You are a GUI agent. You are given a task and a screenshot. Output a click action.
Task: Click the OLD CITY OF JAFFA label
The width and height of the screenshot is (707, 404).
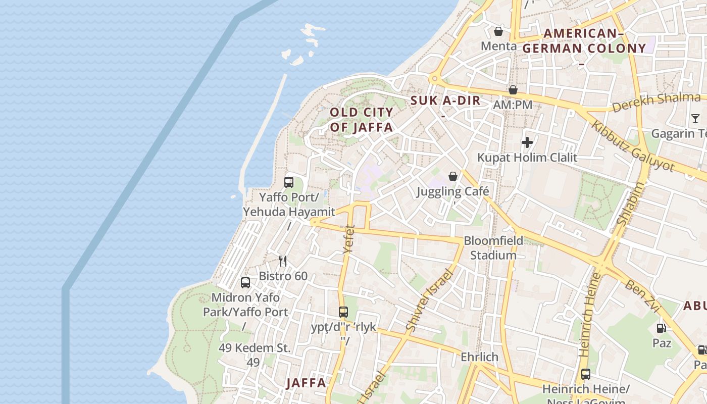[362, 120]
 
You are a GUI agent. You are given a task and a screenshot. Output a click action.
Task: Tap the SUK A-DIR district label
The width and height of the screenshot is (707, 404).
[445, 100]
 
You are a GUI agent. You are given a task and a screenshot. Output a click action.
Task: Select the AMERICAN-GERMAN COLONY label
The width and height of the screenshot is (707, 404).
[584, 41]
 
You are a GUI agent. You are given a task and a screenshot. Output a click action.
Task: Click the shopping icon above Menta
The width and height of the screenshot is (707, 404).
[498, 31]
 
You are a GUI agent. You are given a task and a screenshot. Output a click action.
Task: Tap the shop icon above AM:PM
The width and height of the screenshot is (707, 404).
[513, 90]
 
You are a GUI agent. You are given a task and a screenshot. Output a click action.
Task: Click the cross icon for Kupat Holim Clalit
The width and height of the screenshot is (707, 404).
[527, 142]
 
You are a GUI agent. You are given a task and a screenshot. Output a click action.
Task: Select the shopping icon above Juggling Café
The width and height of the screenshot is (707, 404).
[453, 176]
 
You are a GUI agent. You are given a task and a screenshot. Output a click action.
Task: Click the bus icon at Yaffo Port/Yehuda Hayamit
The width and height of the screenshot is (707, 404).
[289, 182]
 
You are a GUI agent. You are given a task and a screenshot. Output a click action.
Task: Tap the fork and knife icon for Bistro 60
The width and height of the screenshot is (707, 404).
[283, 261]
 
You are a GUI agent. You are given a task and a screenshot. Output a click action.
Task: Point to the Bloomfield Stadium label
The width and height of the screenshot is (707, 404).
[493, 248]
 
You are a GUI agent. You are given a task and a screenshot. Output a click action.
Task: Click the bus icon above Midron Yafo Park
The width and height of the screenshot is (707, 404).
[245, 283]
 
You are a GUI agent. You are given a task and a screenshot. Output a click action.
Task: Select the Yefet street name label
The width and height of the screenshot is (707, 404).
[349, 239]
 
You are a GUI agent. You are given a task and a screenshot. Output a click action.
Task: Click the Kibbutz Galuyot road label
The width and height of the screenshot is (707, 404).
[633, 146]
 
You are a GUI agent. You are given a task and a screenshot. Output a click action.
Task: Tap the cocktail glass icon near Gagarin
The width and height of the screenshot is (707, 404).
[695, 119]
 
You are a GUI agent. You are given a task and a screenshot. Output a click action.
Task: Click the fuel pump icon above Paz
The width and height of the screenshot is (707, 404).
[661, 328]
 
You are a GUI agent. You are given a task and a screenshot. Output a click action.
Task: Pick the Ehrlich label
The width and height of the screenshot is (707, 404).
[479, 357]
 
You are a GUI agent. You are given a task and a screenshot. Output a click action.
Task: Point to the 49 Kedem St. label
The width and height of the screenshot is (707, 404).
[255, 348]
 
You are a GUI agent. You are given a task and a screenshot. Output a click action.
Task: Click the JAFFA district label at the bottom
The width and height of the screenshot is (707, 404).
[307, 383]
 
